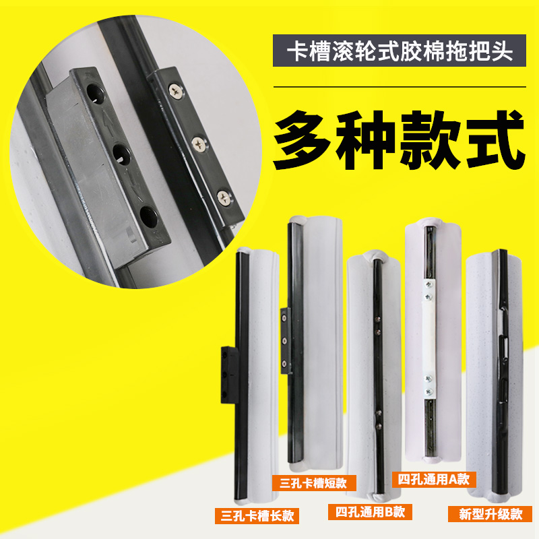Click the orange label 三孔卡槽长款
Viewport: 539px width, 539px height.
(x=256, y=516)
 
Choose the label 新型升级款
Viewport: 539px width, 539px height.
(x=490, y=515)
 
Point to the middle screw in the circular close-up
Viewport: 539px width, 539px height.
(x=199, y=143)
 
